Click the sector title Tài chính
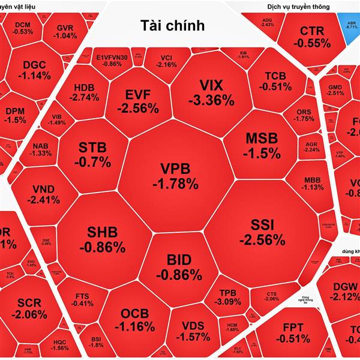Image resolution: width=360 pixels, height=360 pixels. [x=173, y=25]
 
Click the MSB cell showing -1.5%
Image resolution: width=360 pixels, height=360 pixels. [x=262, y=145]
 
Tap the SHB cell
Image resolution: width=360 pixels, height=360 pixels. [x=106, y=239]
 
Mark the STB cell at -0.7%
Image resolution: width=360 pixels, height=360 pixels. [x=93, y=154]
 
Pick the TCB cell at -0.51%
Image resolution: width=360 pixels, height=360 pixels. [x=276, y=80]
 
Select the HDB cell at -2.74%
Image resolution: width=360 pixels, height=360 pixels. [x=84, y=91]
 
